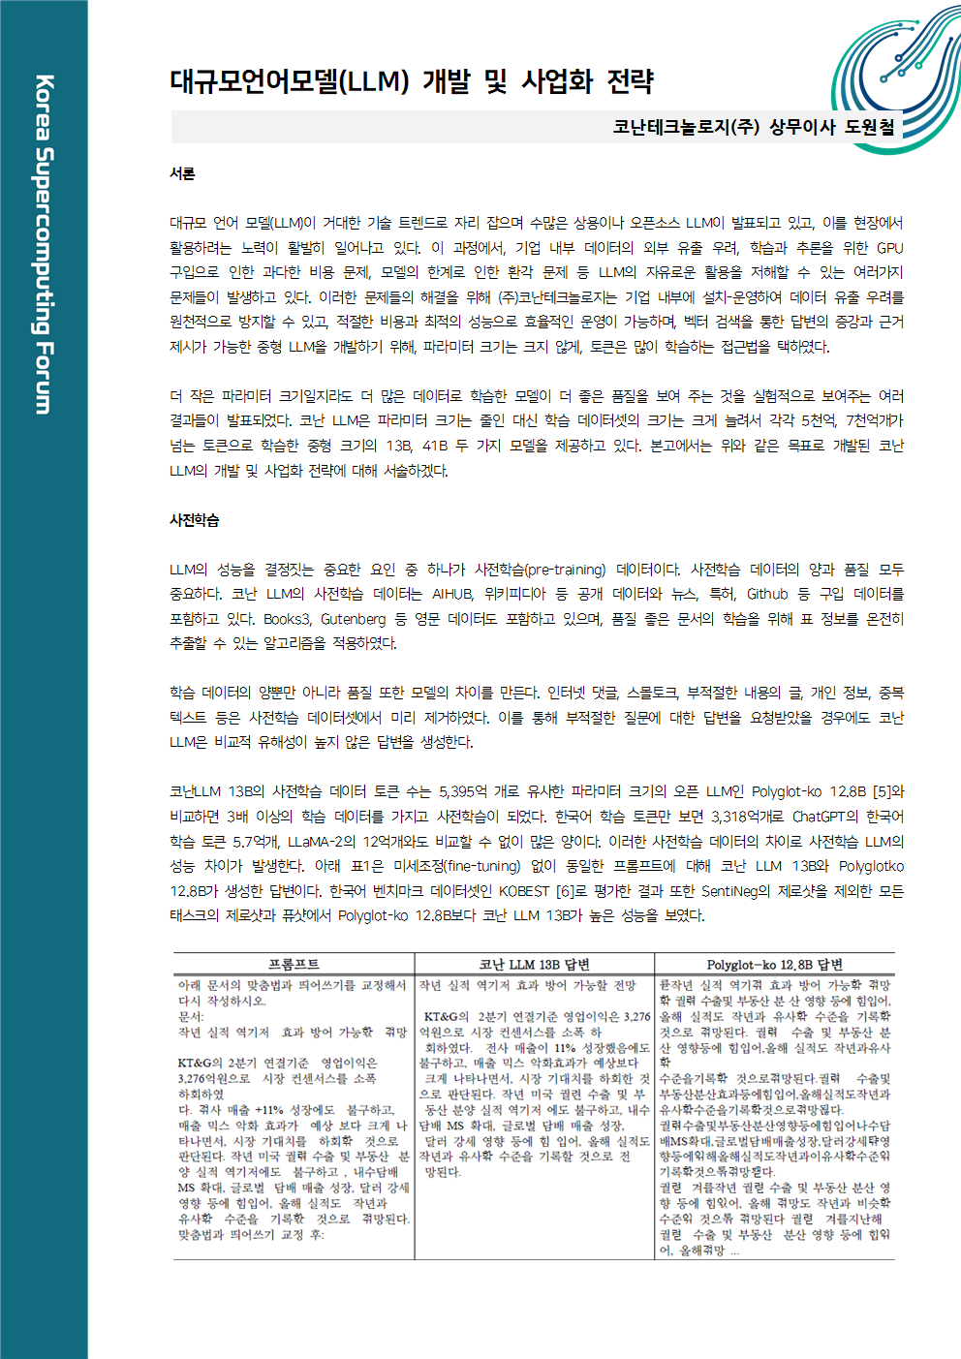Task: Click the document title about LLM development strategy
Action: (412, 81)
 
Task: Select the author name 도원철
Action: (870, 127)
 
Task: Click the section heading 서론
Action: (182, 173)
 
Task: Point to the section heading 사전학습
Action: (195, 520)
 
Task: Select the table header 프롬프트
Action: (294, 964)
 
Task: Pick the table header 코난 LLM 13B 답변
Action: (534, 964)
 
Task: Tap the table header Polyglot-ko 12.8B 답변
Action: (774, 964)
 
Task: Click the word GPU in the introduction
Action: (889, 248)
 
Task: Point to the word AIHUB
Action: (452, 594)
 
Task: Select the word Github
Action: (767, 594)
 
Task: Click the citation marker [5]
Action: (882, 792)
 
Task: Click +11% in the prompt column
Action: (268, 1110)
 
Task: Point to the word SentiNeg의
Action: (737, 891)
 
